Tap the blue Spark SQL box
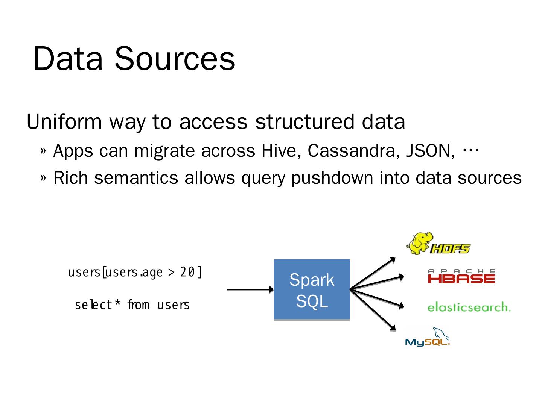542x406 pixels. pos(312,290)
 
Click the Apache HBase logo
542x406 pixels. pos(461,276)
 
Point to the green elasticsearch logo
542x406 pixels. pos(469,307)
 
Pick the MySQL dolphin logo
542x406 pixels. pos(428,337)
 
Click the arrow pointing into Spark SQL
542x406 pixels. pos(250,289)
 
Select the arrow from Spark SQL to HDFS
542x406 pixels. pos(373,273)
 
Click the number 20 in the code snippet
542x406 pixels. pos(187,272)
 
